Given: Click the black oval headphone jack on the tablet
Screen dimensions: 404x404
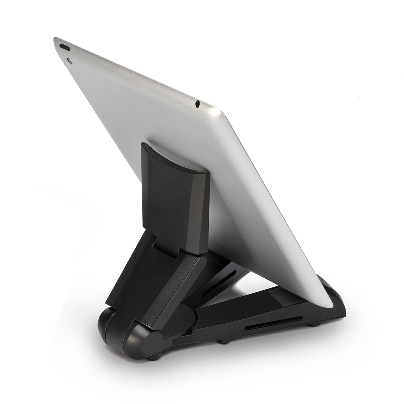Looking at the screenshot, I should [x=198, y=103].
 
